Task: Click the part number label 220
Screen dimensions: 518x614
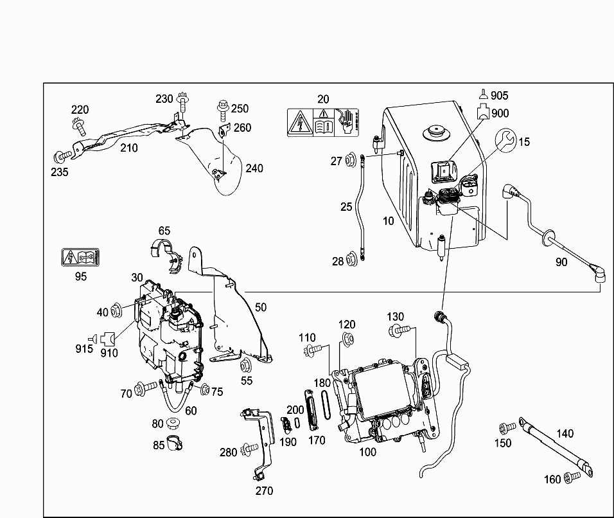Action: (80, 110)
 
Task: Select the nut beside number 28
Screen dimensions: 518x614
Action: (351, 260)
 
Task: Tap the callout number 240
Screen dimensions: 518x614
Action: (254, 168)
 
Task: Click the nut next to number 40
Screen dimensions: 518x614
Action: (117, 312)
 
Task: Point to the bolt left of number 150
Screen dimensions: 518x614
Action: (506, 427)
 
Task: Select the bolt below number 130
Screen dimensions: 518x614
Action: (398, 332)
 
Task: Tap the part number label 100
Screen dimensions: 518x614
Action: (367, 452)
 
